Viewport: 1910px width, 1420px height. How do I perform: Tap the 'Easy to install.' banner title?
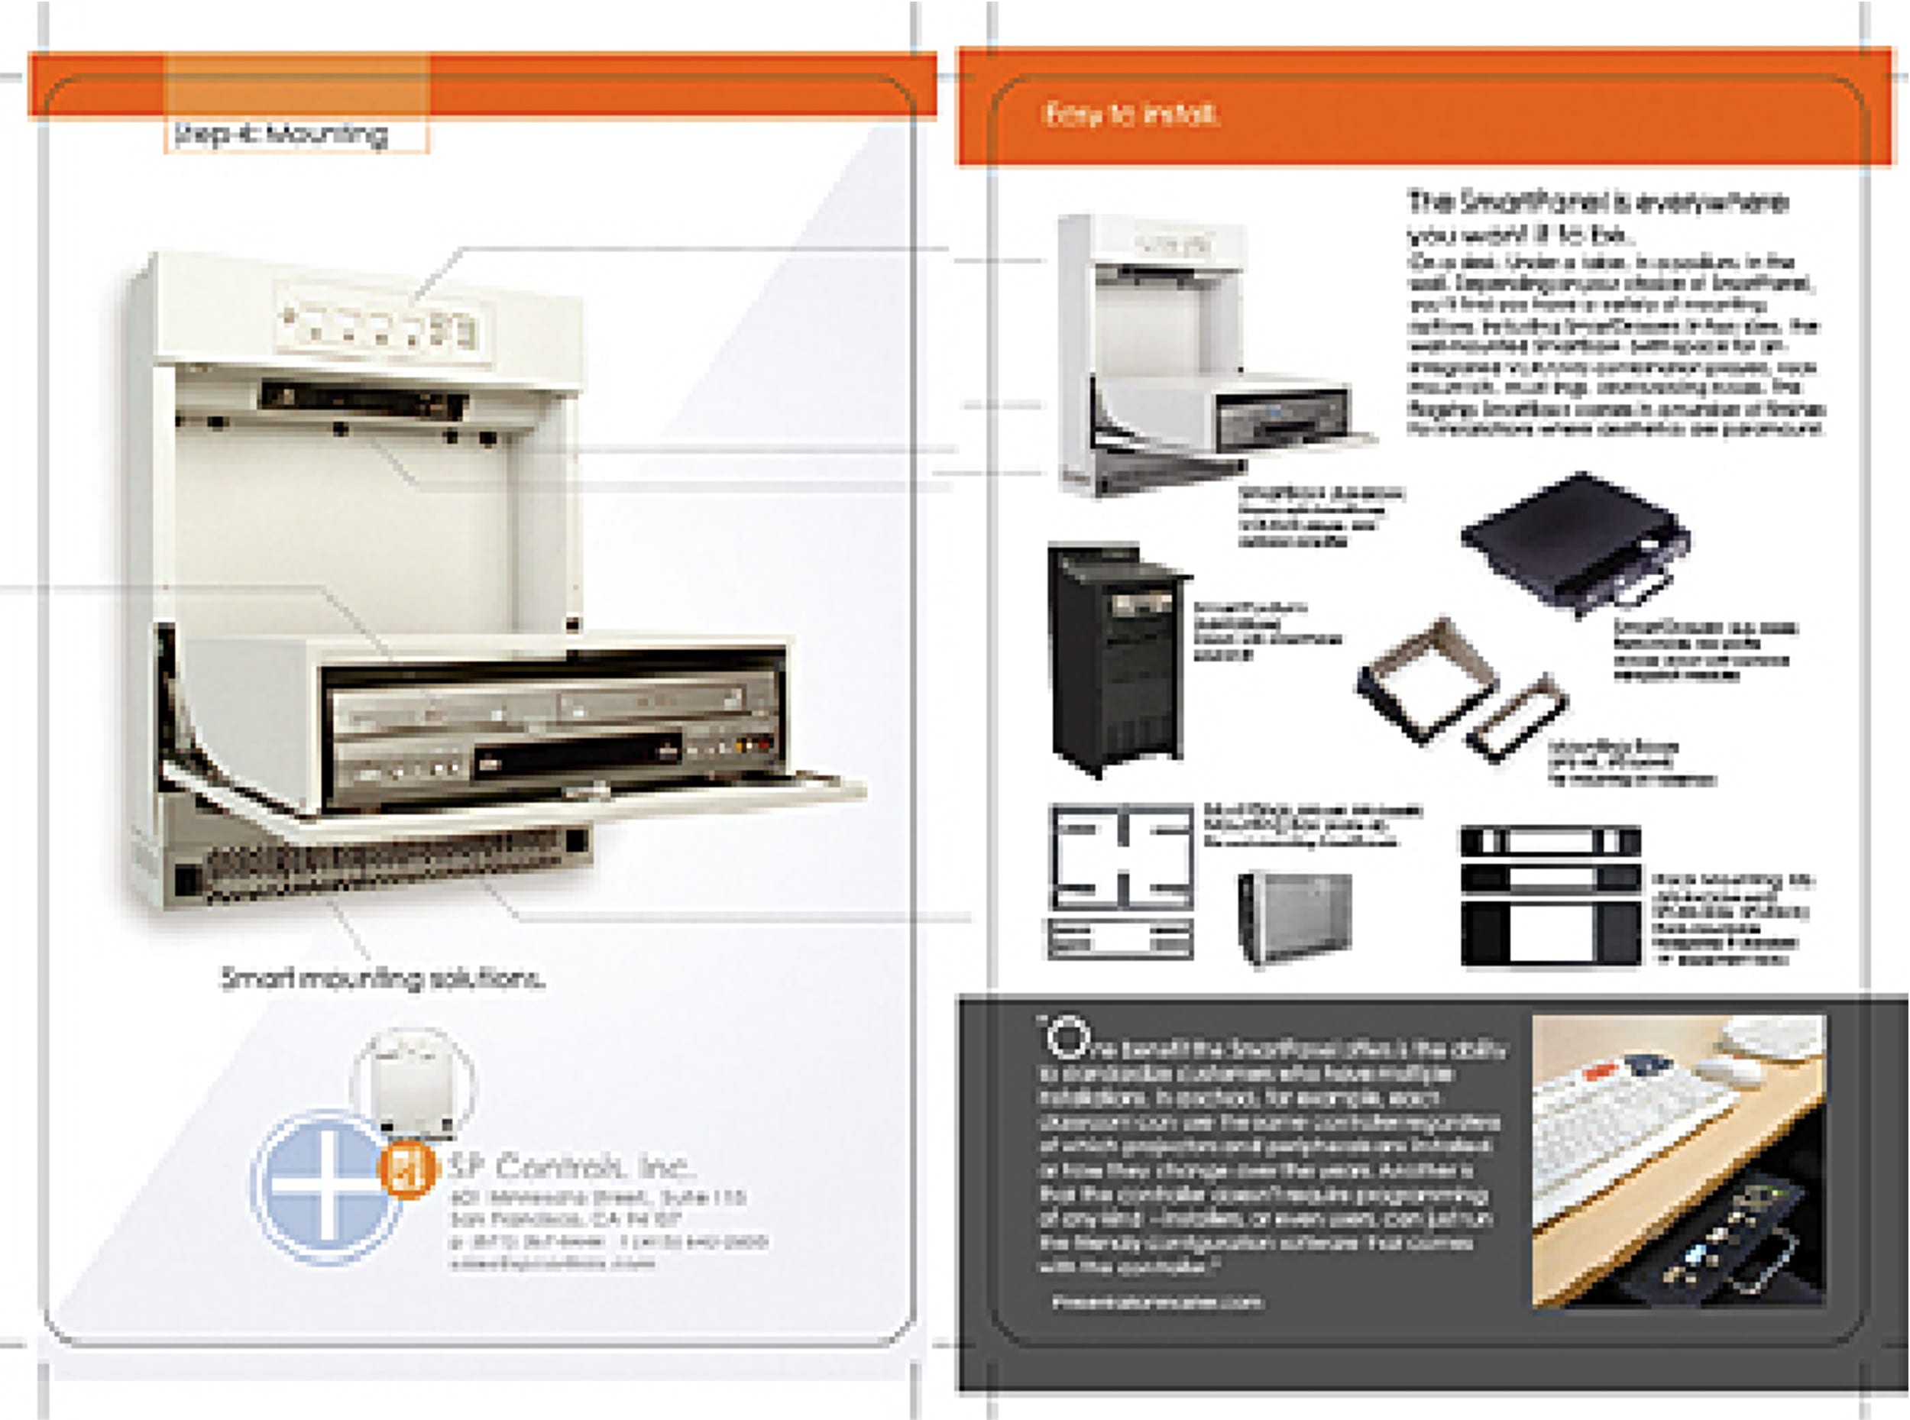[x=1129, y=115]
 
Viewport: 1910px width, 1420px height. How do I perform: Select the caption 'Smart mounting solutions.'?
[x=383, y=978]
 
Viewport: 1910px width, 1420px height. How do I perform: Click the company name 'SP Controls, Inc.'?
[x=571, y=1166]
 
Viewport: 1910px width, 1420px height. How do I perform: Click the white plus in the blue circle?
[x=325, y=1187]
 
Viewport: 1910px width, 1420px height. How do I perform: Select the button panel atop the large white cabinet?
[x=378, y=327]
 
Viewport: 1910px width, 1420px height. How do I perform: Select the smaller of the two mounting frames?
[x=1518, y=716]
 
